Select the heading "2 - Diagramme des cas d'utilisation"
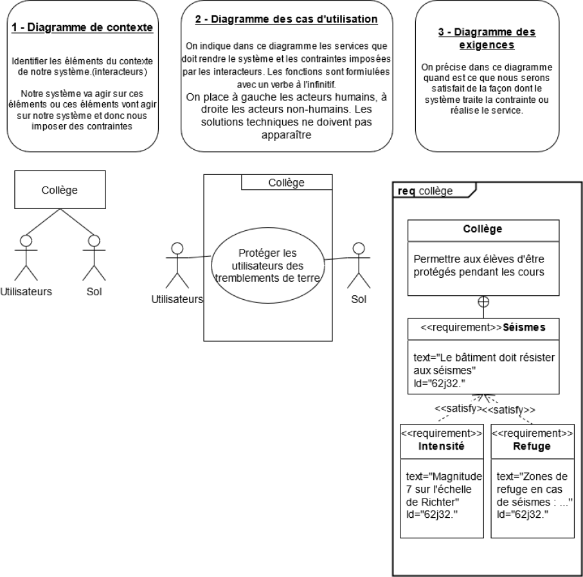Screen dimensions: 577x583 pos(286,19)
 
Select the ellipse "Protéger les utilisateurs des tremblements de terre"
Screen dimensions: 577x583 pos(267,266)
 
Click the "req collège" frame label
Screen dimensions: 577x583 pos(426,190)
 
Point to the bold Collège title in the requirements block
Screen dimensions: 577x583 pos(482,229)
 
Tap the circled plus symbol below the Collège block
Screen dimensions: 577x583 pos(483,301)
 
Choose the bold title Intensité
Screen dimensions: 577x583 pos(440,446)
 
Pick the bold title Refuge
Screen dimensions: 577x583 pos(532,446)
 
